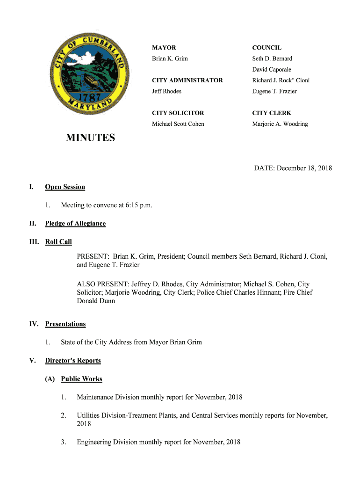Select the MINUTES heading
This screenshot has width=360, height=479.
[90, 138]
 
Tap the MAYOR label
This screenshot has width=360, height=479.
[164, 48]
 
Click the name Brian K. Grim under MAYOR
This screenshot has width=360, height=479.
[170, 58]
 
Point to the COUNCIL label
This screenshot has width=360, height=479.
[266, 48]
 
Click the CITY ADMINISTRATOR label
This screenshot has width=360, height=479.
[187, 80]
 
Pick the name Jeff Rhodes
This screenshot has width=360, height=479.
[166, 91]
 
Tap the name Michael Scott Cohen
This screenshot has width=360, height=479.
[178, 124]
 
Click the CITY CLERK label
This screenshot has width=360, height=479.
[272, 113]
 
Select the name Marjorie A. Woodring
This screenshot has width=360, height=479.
[280, 124]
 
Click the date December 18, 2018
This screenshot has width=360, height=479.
[304, 168]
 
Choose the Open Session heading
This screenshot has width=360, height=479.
[65, 187]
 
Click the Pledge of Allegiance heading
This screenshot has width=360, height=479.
[75, 224]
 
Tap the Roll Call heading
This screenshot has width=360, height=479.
[58, 242]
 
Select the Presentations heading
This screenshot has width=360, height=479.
[65, 324]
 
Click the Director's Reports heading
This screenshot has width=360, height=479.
[73, 361]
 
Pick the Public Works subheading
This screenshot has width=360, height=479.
[81, 379]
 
